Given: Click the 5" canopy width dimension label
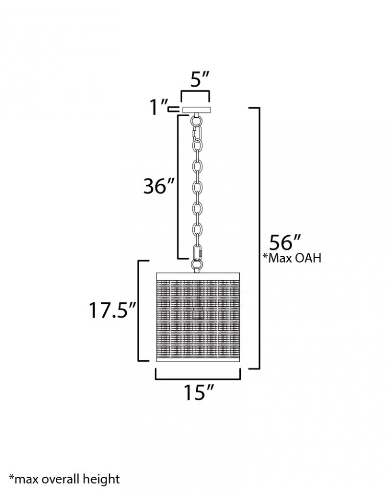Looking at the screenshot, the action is coord(199,80).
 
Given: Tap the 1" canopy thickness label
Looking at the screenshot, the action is coord(159,107).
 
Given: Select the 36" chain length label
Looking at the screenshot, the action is coord(158,187).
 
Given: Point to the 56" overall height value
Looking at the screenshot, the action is coord(285,242).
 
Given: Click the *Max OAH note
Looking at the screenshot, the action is coord(292,258).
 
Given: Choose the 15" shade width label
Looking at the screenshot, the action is coord(199,392).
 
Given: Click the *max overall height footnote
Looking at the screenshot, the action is coord(64,479).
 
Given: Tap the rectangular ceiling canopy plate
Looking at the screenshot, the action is coord(197,110).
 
